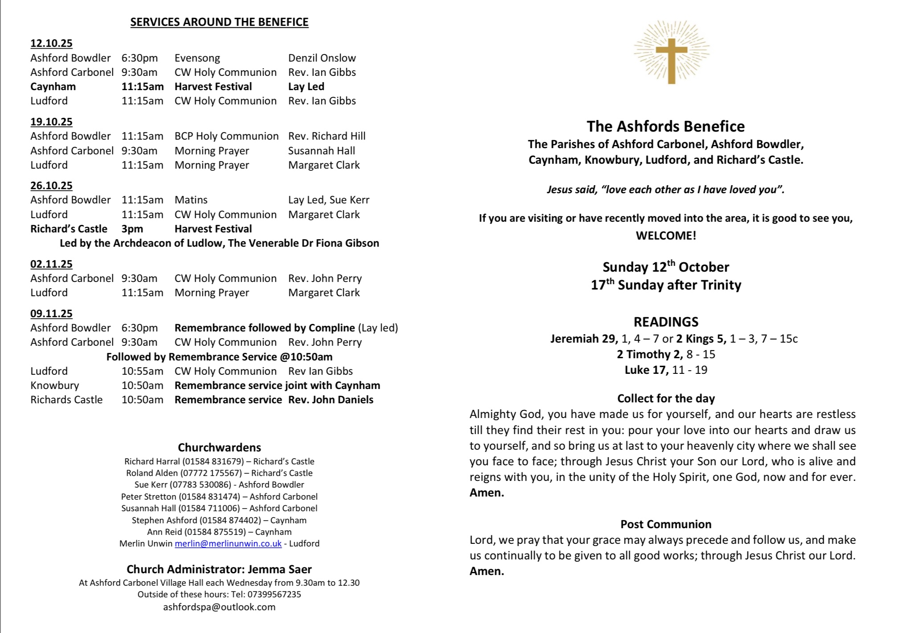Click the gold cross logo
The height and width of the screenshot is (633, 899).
(x=671, y=53)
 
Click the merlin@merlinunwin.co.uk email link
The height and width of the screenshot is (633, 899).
(x=228, y=543)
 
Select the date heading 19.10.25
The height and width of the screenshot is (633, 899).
(x=51, y=122)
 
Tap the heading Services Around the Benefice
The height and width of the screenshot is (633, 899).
(x=219, y=22)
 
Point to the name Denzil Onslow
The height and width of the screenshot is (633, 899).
(x=322, y=58)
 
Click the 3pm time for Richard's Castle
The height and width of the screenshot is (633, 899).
(x=132, y=229)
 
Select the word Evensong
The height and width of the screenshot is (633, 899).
(x=197, y=58)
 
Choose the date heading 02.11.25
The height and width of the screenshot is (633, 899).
(x=51, y=264)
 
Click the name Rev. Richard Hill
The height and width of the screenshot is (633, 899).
(x=327, y=136)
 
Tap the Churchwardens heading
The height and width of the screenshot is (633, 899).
(x=219, y=447)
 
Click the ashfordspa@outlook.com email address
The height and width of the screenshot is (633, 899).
(x=219, y=607)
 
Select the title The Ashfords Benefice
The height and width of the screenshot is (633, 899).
(x=665, y=126)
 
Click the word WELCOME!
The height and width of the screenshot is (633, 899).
(x=665, y=236)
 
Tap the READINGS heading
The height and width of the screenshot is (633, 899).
(x=666, y=322)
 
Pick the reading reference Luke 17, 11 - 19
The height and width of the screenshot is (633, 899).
(x=665, y=370)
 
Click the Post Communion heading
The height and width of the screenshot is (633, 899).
(x=665, y=524)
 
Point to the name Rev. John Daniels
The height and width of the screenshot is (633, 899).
(x=331, y=400)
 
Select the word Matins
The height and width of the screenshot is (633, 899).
(x=191, y=200)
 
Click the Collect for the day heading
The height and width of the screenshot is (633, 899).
(x=665, y=398)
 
